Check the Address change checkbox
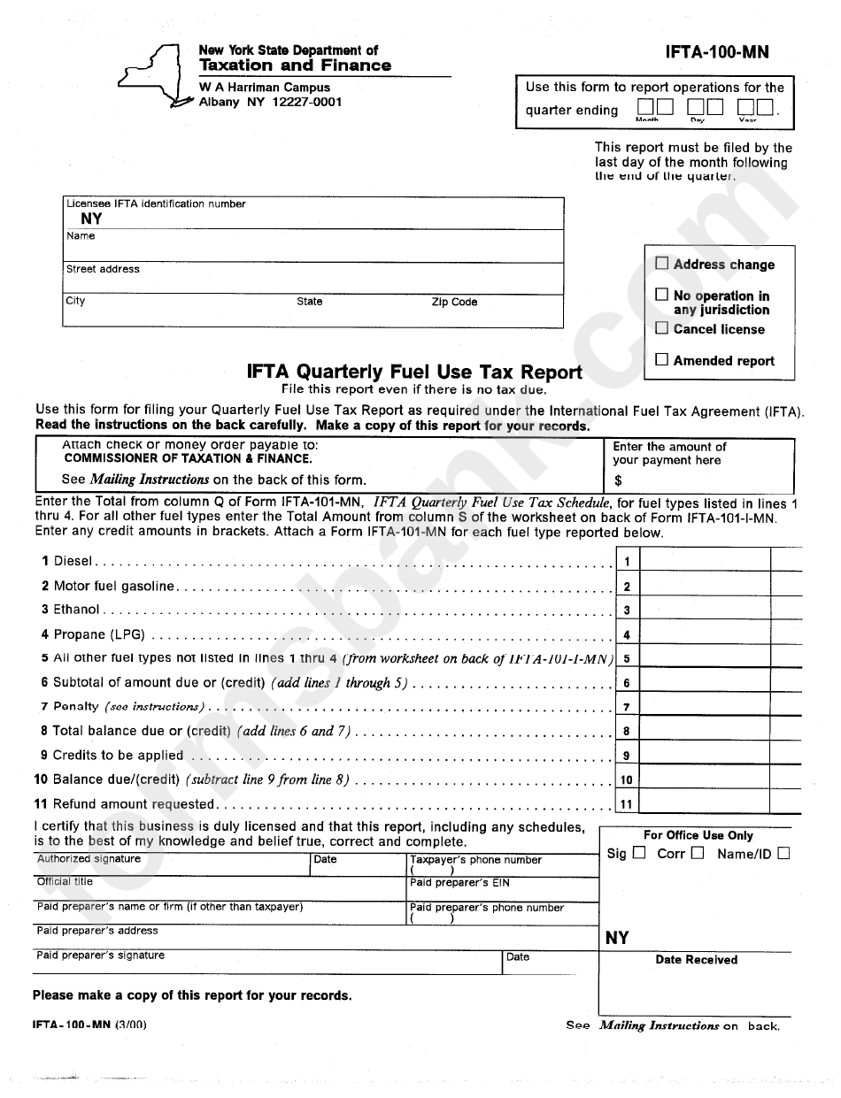click(661, 263)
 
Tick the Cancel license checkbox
click(661, 328)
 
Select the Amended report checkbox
click(661, 359)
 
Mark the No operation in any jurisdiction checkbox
click(661, 295)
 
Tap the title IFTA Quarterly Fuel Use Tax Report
click(414, 372)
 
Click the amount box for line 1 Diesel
click(704, 561)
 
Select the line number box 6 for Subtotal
click(626, 683)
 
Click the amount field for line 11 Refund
click(704, 804)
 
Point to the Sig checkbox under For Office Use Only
click(639, 853)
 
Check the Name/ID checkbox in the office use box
click(783, 853)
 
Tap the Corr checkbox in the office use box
click(698, 853)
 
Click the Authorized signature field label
click(89, 859)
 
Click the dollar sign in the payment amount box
click(618, 481)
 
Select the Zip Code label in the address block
click(454, 302)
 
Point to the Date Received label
click(696, 960)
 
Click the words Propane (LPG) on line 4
click(98, 634)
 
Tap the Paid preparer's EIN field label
click(459, 883)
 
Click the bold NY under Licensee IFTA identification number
click(91, 219)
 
